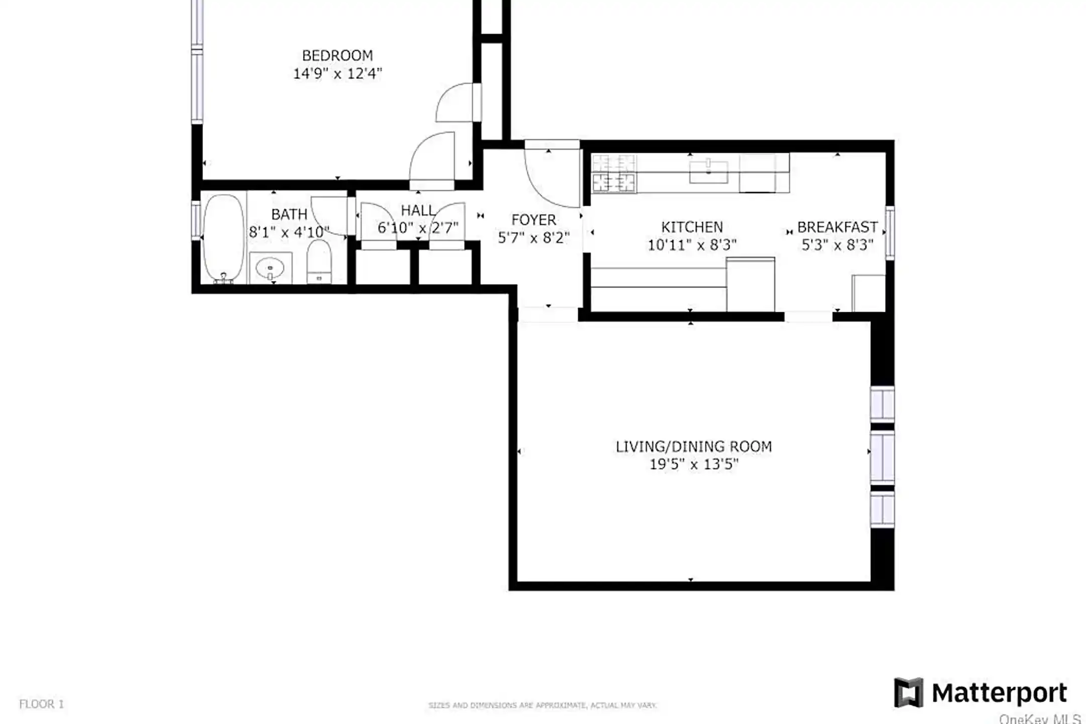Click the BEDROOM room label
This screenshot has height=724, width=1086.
(337, 55)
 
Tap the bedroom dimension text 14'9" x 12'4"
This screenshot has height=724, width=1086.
(337, 74)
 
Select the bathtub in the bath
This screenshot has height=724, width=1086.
(223, 238)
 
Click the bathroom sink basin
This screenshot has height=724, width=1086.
(270, 268)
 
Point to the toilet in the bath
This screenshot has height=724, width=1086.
(319, 261)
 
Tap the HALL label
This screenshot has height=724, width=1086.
(417, 211)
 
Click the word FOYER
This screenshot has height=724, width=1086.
(533, 220)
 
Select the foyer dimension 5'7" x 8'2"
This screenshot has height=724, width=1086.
(533, 238)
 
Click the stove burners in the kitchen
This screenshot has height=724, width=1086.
(614, 173)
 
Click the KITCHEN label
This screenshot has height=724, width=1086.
(692, 227)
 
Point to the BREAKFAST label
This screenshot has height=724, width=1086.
(837, 227)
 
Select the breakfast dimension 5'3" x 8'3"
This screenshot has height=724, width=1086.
(837, 245)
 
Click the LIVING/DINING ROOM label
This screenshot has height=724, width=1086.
(694, 446)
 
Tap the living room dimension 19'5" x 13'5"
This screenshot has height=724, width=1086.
(694, 465)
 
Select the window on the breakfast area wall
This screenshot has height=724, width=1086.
(889, 233)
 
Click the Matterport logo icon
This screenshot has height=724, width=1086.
(908, 693)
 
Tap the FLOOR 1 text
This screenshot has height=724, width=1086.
(42, 704)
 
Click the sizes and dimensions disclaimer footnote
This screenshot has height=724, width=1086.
(542, 705)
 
